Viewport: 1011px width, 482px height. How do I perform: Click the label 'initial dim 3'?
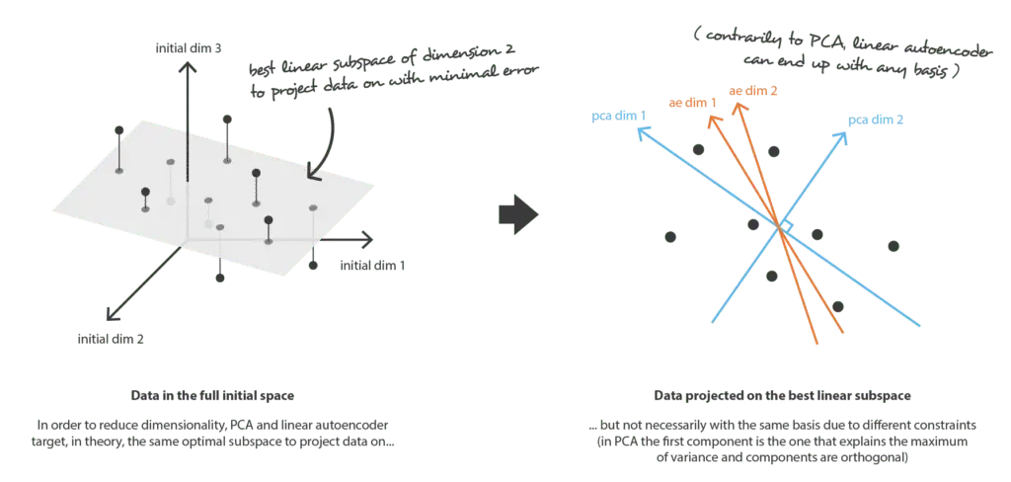tap(185, 47)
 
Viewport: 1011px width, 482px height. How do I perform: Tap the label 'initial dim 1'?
tap(372, 265)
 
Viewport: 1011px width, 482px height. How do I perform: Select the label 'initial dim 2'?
tap(111, 338)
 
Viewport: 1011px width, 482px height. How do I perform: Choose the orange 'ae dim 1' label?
tap(692, 102)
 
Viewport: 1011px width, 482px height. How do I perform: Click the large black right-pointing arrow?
tap(518, 215)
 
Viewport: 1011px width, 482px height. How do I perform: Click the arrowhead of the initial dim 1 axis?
tap(366, 240)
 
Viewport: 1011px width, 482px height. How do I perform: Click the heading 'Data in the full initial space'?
tap(213, 396)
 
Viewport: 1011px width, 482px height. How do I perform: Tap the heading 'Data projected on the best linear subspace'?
tap(782, 396)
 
